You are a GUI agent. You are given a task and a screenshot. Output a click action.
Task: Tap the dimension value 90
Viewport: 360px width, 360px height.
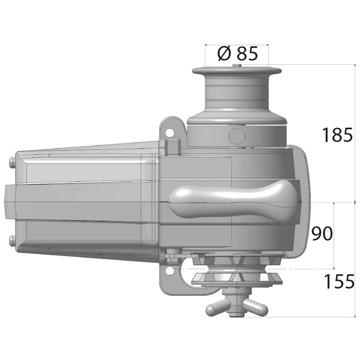point(322,233)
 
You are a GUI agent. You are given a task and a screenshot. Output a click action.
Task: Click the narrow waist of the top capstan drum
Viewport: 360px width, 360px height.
point(238,93)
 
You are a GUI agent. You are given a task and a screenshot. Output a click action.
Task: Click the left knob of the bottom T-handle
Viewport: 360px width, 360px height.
point(212,310)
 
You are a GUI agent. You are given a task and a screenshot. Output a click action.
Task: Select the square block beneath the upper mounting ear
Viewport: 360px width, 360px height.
point(173,146)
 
